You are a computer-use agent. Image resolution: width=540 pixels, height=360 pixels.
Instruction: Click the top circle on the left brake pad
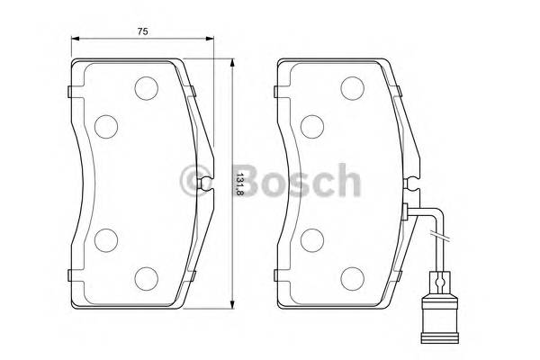pyautogui.click(x=145, y=87)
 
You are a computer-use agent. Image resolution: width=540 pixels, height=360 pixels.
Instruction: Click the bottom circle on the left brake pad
pyautogui.click(x=145, y=277)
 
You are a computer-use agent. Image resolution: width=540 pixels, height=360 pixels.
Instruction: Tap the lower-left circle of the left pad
pyautogui.click(x=106, y=239)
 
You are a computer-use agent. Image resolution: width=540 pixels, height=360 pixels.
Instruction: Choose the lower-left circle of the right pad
pyautogui.click(x=313, y=239)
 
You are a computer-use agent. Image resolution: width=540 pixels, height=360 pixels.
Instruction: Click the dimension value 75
pyautogui.click(x=142, y=31)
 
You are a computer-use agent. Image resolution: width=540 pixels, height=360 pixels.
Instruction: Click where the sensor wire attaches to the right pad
pyautogui.click(x=409, y=211)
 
